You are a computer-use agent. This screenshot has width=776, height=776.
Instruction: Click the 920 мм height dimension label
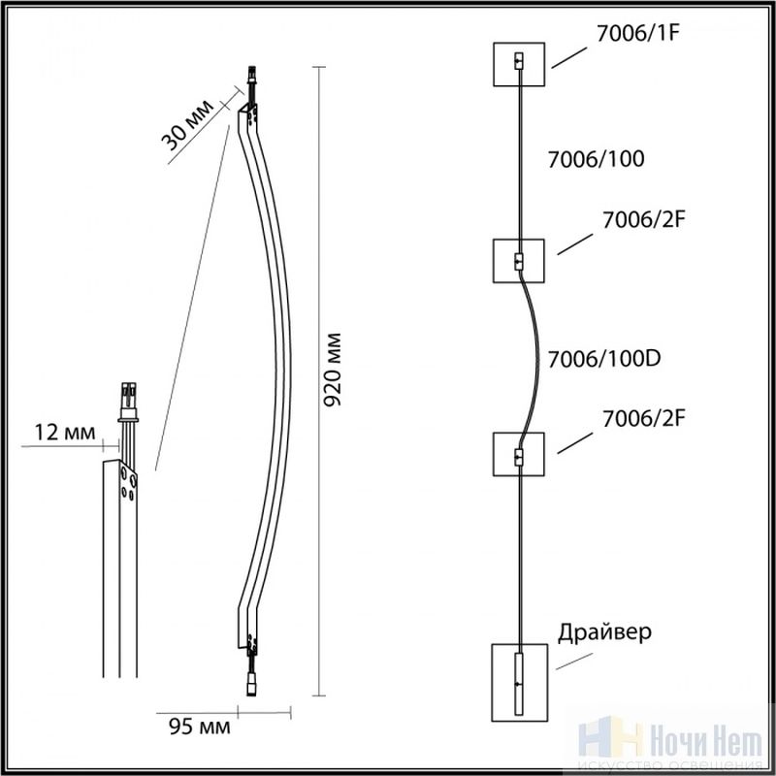(332, 370)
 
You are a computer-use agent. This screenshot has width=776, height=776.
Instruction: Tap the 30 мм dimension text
(187, 126)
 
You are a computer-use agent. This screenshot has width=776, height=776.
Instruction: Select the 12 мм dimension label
(64, 432)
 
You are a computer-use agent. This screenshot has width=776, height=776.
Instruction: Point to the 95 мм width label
(200, 727)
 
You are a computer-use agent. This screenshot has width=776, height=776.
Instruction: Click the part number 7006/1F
(638, 33)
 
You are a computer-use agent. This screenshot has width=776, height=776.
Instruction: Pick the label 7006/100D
(604, 359)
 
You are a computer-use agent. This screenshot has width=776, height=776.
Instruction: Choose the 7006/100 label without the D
(596, 159)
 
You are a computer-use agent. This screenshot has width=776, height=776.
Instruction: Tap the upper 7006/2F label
(643, 220)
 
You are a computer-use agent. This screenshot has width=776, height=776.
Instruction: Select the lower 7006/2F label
(643, 419)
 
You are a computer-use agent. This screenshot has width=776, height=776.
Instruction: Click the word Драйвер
(604, 633)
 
